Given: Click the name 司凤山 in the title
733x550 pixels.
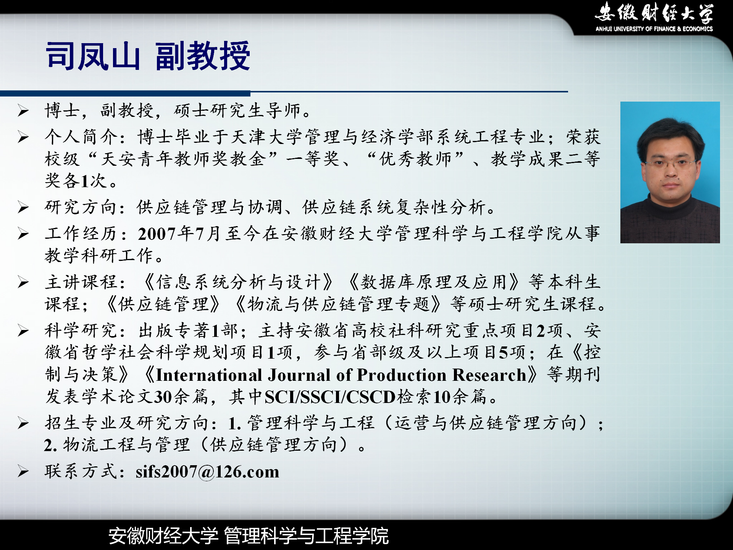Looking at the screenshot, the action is click(x=93, y=56).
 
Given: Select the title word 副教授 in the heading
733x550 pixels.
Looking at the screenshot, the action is click(x=203, y=56).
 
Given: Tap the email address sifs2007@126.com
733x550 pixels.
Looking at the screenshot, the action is click(x=207, y=472).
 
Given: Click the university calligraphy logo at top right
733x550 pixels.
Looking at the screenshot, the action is click(x=654, y=13).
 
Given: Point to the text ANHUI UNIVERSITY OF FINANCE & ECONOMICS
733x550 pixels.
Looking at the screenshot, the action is click(x=654, y=29).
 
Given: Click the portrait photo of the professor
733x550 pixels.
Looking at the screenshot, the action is click(x=670, y=172).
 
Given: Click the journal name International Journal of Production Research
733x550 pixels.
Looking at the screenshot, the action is click(x=341, y=375).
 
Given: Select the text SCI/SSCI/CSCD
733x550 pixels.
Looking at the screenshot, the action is click(x=330, y=397).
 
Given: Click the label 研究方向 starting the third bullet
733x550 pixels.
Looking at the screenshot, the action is click(x=81, y=207).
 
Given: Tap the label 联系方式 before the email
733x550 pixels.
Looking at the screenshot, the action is click(x=81, y=471).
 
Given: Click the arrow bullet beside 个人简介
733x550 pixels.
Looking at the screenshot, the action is click(x=23, y=137).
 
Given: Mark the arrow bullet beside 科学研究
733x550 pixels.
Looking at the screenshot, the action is click(x=23, y=331).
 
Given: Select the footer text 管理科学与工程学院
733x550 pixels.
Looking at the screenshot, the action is click(x=306, y=535).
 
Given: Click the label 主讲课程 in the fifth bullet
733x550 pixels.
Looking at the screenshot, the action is click(x=81, y=282).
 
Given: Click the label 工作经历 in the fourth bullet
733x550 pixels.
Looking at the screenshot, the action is click(x=81, y=234).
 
